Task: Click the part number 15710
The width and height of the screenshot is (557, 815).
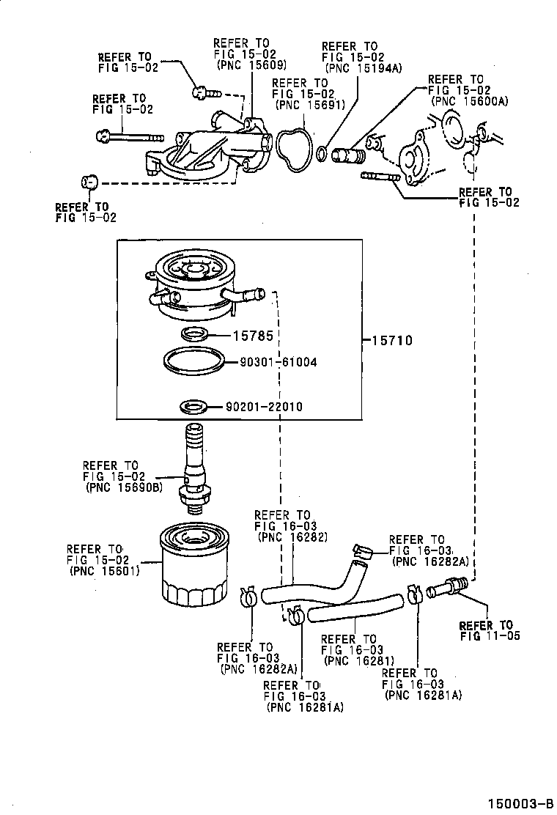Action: [392, 340]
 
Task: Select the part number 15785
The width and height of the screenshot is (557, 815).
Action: [253, 336]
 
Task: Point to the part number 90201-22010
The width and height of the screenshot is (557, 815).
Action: [264, 407]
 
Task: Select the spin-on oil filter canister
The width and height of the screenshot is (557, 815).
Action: [193, 564]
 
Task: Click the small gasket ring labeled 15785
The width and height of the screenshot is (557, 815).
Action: [194, 336]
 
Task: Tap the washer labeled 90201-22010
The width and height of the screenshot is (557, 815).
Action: [194, 405]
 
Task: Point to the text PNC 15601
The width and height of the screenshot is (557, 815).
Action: [106, 572]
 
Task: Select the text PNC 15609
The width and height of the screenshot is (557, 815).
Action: [247, 64]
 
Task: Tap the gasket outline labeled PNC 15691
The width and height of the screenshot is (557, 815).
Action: [292, 152]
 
